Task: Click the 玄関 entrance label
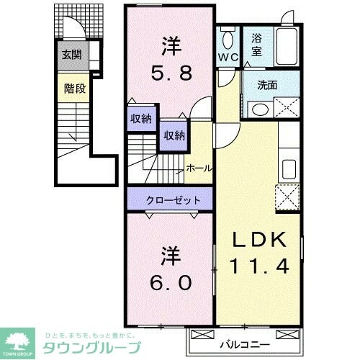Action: pos(70,54)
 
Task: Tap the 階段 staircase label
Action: pos(70,89)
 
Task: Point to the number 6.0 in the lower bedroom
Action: pos(171,283)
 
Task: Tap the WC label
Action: pos(228,55)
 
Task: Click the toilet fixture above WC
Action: pos(228,38)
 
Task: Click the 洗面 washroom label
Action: pos(267,85)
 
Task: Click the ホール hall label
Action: pos(199,168)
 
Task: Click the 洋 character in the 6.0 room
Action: pos(171,256)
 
